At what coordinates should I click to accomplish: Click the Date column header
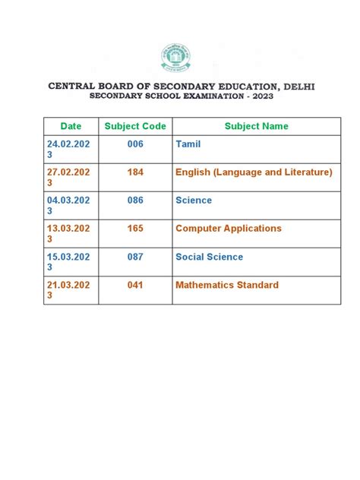[71, 126]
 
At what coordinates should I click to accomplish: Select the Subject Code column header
[135, 126]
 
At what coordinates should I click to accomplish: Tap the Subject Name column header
[256, 126]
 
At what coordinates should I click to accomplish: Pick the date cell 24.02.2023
[68, 150]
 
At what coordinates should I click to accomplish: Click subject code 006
[135, 144]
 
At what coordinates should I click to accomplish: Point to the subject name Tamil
[188, 144]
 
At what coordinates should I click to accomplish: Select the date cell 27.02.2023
[68, 178]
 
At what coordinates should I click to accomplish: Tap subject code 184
[135, 172]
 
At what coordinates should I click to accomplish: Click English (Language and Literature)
[254, 172]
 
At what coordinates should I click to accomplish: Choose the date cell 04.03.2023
[68, 206]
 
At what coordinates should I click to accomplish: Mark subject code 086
[135, 201]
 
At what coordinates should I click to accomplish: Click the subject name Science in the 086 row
[194, 201]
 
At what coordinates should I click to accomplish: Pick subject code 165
[135, 229]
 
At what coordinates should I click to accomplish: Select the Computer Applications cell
[228, 229]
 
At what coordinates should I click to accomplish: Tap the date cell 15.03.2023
[68, 262]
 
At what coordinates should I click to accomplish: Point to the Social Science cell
[209, 257]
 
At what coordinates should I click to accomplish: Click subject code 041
[135, 285]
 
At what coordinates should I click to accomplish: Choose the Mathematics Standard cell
[226, 285]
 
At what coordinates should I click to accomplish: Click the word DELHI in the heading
[295, 87]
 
